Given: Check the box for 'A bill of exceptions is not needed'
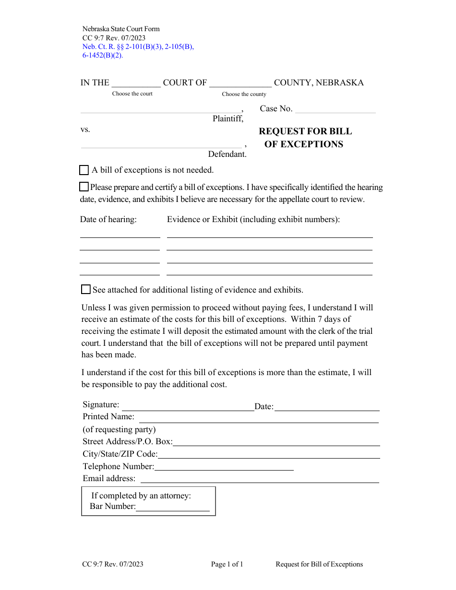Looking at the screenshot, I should coord(84,170).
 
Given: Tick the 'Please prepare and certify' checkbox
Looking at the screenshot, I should coord(84,187).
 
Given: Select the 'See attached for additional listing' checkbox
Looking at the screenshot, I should coord(86,289).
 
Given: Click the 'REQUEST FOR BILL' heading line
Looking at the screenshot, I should coord(305,131).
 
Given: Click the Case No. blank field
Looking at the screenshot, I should coord(335,109).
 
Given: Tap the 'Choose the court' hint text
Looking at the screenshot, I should coord(132,94).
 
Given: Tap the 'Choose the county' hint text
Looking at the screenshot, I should coord(244,94).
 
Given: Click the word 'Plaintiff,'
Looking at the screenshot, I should coord(228,119).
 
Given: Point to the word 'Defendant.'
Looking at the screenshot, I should coord(227,154).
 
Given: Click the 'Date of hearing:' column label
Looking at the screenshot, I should coord(108,220).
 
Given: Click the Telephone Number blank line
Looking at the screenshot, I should coord(224,466).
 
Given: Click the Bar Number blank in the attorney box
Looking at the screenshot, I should coord(173,507).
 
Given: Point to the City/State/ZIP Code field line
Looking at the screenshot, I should coord(269,454).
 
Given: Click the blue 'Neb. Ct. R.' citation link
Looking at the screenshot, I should coord(138,47).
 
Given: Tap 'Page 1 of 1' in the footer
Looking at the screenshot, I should coord(227,565).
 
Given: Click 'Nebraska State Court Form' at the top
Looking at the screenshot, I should coord(121,29).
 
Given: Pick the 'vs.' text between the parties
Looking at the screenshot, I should coord(85,130).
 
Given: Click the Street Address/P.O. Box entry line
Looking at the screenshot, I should coord(276,442).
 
